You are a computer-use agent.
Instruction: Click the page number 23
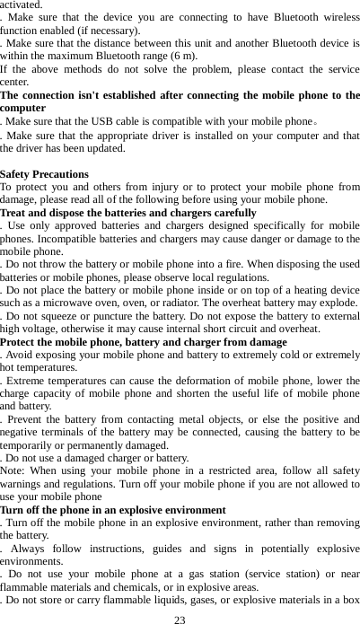coord(180,619)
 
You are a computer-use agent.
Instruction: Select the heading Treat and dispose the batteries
coord(128,213)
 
